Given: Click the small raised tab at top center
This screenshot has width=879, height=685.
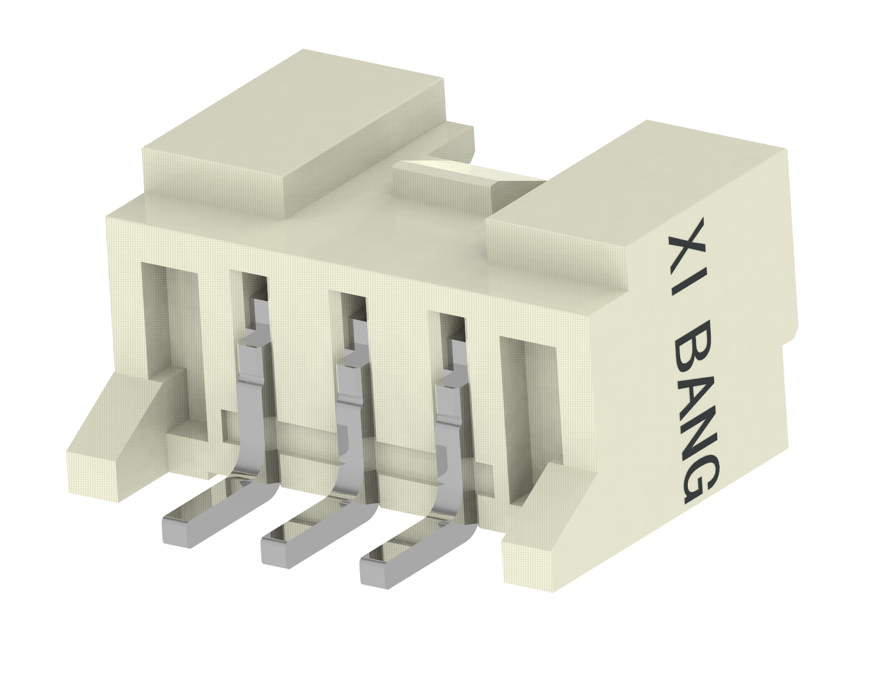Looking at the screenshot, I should pyautogui.click(x=441, y=182).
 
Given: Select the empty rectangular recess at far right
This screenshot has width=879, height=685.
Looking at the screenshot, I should pyautogui.click(x=527, y=412).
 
